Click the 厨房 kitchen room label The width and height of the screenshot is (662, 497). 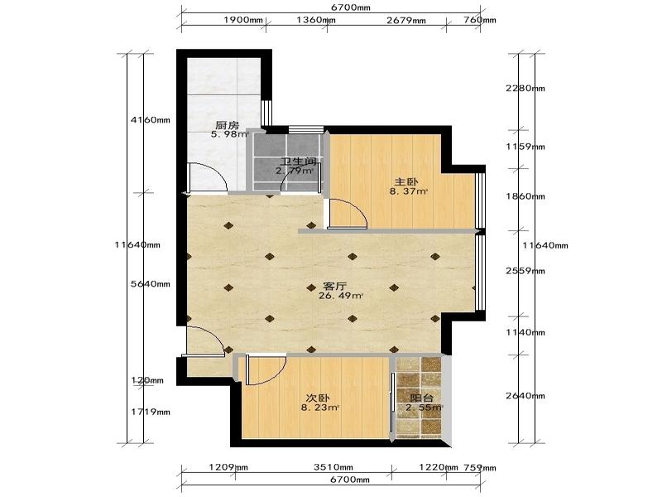coord(227,125)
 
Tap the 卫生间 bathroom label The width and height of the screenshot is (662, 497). coord(299,162)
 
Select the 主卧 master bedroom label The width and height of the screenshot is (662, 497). coord(406,182)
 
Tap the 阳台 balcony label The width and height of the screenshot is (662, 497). coord(422,398)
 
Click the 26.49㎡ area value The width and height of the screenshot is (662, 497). coord(341,296)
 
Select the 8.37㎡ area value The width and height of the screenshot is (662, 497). coord(409,191)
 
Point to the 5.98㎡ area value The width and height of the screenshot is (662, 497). coord(230,135)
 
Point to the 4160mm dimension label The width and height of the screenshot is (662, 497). coord(151,120)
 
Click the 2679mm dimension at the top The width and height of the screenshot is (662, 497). coord(406,20)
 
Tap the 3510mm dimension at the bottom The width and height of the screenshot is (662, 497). coord(333,467)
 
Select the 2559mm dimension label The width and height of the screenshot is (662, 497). coord(525,271)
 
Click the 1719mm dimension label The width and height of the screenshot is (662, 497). coord(151,412)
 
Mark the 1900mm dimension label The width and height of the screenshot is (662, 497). coord(243,20)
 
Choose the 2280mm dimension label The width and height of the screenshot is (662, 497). coord(525,89)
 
